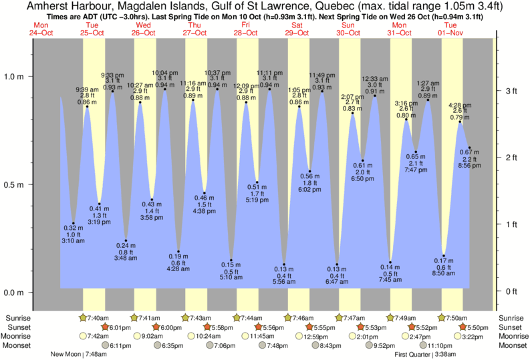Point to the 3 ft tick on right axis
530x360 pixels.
point(495,90)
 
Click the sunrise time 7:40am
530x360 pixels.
point(96,318)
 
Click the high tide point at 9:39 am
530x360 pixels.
point(87,106)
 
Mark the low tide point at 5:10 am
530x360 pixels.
point(231,260)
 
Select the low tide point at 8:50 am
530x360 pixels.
point(443,256)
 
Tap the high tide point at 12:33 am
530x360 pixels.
point(375,96)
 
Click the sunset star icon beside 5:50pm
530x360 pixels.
point(464,327)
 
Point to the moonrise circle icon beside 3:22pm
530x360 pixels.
point(458,337)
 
